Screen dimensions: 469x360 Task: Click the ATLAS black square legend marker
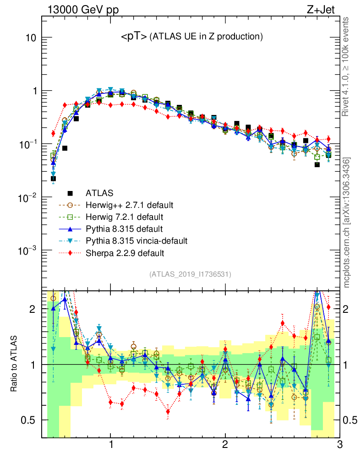[x=70, y=193]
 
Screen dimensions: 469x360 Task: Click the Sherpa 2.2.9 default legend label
[x=125, y=252]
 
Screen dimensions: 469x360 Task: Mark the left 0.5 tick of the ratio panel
[x=30, y=420]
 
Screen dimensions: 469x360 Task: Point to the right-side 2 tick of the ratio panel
[x=349, y=309]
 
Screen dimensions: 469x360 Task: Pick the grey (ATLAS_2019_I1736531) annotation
[x=190, y=274]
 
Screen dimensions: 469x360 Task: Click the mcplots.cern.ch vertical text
[x=347, y=223]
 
